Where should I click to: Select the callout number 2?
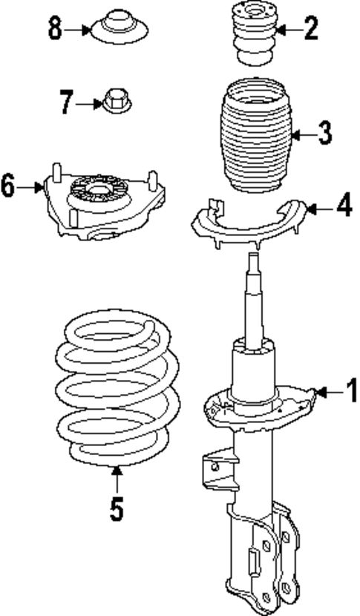point(310,30)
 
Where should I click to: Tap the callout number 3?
point(324,134)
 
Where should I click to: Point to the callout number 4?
point(343,206)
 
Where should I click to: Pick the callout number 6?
point(8,186)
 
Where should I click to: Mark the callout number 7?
point(67,102)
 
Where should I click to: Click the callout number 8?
point(55,30)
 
